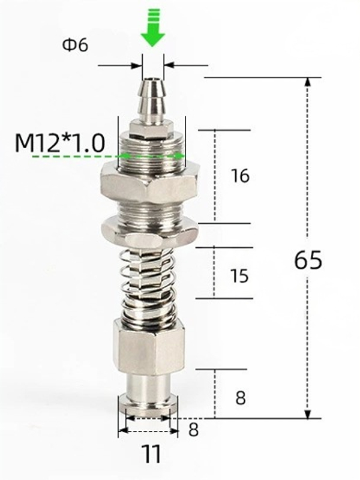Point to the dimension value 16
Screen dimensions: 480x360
239,176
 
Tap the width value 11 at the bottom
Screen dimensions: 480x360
151,454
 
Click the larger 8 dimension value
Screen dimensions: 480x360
240,398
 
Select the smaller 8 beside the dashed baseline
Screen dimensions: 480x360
194,430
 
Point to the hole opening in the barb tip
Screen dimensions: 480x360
153,79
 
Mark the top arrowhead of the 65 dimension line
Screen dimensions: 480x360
308,84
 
